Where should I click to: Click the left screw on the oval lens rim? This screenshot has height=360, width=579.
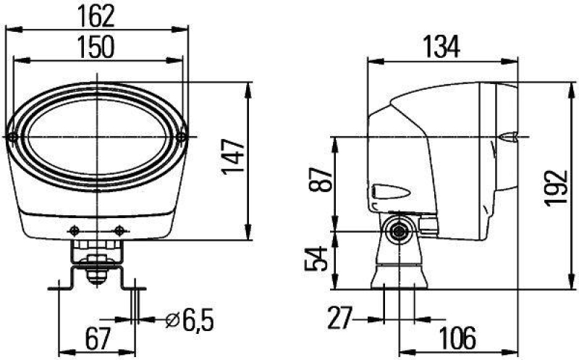click(x=14, y=137)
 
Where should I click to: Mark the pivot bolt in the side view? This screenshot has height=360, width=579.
click(x=397, y=232)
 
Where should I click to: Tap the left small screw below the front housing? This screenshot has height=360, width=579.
click(x=74, y=230)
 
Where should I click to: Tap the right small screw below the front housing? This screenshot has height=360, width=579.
click(x=119, y=230)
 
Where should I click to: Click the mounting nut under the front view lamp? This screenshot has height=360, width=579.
click(x=96, y=272)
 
